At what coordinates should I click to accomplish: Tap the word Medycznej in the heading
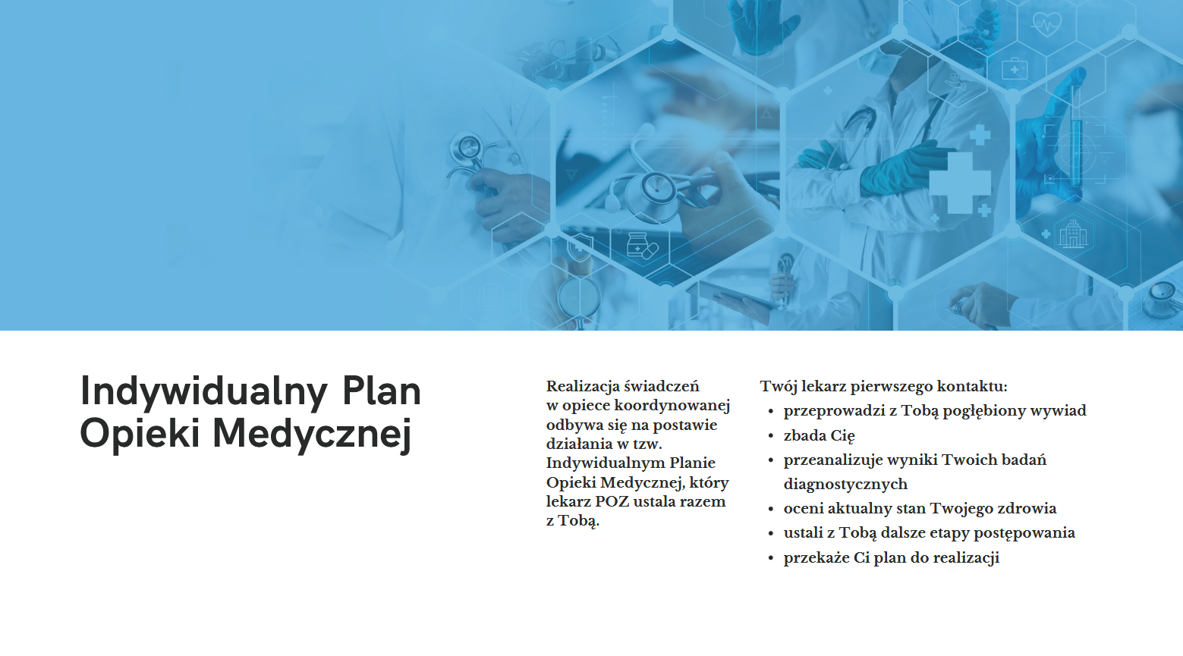point(312,435)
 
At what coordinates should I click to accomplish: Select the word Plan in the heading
point(382,391)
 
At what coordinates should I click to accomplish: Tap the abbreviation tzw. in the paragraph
point(647,444)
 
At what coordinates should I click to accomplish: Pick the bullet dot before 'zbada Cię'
point(771,437)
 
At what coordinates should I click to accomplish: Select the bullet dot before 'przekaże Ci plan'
point(771,559)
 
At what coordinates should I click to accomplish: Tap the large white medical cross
point(960,183)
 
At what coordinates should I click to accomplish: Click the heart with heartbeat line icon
point(1046,24)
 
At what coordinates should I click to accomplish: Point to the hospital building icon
point(1074,234)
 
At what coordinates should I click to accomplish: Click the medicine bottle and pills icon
point(642,245)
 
